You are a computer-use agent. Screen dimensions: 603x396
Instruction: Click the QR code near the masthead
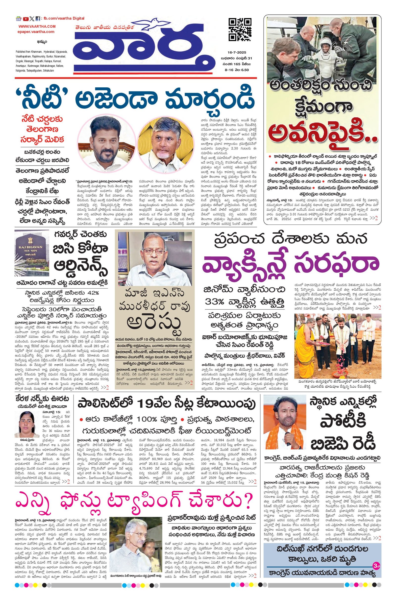coord(240,29)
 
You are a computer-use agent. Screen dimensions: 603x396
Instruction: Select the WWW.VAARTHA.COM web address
coord(37,26)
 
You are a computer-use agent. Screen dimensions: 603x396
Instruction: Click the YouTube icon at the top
coord(25,19)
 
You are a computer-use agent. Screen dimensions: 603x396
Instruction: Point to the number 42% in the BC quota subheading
coord(92,293)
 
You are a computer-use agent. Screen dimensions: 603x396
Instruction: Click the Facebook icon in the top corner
coord(38,19)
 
